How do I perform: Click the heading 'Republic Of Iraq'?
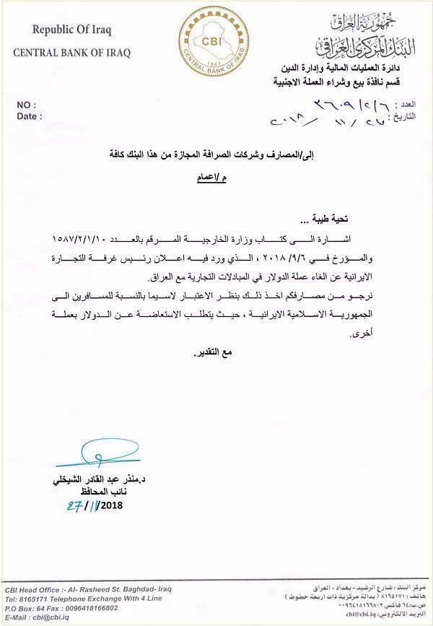pos(71,30)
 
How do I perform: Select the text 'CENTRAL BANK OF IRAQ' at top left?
pos(71,53)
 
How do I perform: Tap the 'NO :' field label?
pos(27,105)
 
